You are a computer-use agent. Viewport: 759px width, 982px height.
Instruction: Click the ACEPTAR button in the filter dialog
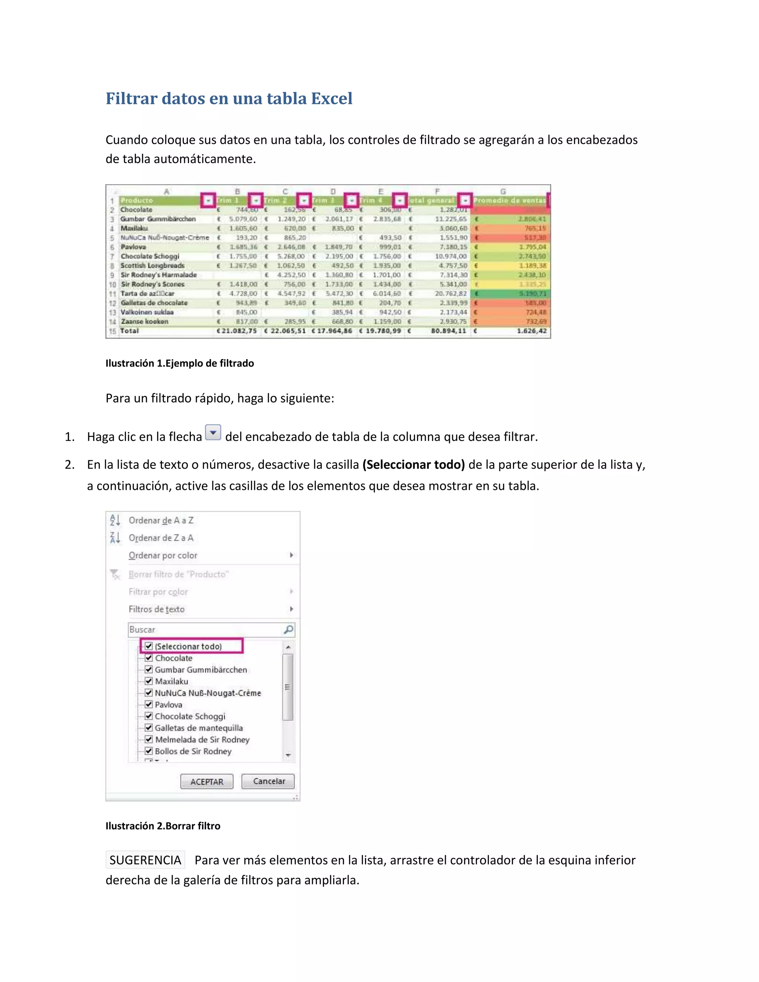tap(206, 782)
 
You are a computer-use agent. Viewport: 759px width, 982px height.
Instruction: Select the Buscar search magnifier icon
tap(288, 630)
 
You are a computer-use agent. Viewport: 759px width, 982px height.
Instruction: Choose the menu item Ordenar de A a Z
tap(161, 520)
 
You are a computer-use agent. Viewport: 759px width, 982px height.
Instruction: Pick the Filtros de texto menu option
tap(156, 609)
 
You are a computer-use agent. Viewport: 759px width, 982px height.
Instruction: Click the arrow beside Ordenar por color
tap(291, 555)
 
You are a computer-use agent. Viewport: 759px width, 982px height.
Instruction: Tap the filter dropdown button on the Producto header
tap(208, 200)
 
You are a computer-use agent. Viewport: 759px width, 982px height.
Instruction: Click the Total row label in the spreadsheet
tap(129, 331)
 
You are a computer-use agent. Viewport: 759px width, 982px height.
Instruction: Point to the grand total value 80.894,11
tap(448, 331)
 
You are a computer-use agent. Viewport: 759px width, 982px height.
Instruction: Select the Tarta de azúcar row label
tap(147, 293)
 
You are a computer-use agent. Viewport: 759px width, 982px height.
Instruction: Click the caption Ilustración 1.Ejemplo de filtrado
tap(179, 363)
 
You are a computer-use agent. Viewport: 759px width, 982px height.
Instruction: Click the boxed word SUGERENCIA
tap(145, 860)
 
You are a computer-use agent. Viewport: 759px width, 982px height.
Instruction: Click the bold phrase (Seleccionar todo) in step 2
tap(413, 464)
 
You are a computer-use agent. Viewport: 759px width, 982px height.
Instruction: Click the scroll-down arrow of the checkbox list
tap(288, 755)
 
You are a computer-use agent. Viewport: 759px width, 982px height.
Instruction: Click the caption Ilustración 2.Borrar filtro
tap(163, 826)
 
